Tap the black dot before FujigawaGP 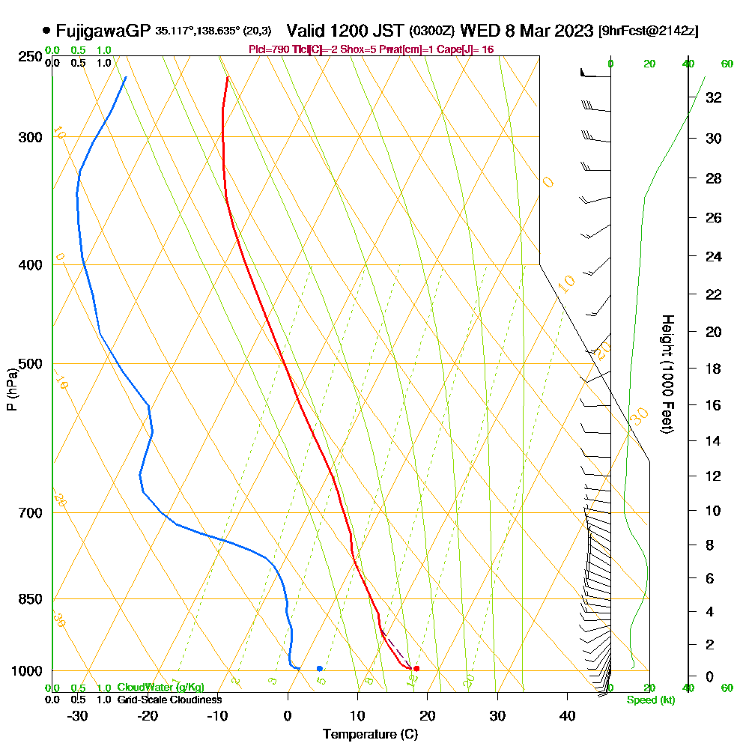click(x=47, y=31)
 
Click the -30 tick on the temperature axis click(x=78, y=716)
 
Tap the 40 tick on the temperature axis click(x=567, y=716)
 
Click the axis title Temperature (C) click(x=370, y=734)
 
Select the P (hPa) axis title click(x=11, y=389)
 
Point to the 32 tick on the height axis click(x=714, y=97)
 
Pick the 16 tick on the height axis click(x=714, y=405)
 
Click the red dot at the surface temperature click(x=416, y=668)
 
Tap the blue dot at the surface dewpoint click(x=320, y=668)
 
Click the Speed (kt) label click(x=648, y=700)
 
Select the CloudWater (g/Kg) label click(x=160, y=688)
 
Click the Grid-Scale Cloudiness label click(x=169, y=700)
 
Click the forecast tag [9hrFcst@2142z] click(x=649, y=31)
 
